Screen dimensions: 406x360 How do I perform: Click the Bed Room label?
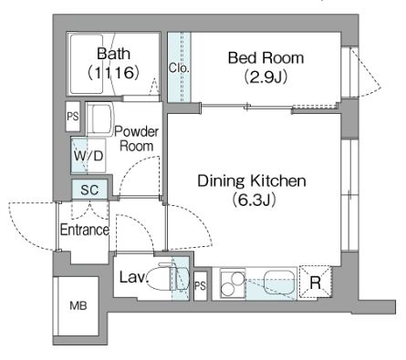point(265,57)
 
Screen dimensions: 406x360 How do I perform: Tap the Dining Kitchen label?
point(252,181)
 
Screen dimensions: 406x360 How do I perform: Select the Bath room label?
point(113,54)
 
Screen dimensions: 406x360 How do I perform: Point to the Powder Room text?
point(137,139)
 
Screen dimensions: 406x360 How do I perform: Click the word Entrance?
point(85,230)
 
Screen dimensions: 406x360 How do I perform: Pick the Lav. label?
point(133,277)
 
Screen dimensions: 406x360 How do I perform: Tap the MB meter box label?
point(78,305)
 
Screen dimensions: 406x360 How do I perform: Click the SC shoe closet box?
point(89,190)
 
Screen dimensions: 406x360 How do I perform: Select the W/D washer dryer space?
point(88,156)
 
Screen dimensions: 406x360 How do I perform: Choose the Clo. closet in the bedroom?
point(179,67)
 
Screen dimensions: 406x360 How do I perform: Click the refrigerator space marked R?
point(315,283)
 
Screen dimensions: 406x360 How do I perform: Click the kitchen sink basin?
point(280,282)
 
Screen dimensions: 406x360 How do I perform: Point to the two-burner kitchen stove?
point(233,284)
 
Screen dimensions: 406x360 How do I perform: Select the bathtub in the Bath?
point(87,64)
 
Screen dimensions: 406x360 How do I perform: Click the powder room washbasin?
point(102,118)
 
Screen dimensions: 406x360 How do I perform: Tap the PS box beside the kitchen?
point(200,285)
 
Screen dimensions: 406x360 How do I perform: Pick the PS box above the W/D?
point(73,117)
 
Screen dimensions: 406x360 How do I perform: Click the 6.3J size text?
point(254,201)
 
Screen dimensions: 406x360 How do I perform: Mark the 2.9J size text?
point(265,77)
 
